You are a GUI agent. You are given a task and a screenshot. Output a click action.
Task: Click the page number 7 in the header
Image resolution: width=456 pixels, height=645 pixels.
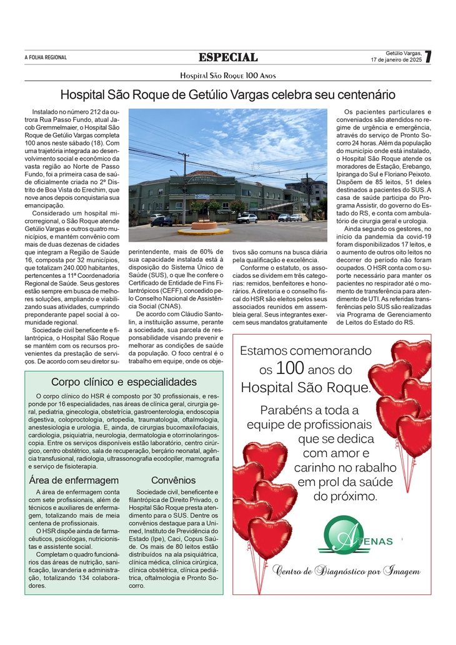(427, 57)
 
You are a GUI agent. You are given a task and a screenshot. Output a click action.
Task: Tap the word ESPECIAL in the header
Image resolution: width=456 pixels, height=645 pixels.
(228, 57)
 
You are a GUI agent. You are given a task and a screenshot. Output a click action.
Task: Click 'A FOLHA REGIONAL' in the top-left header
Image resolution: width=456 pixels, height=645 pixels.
(46, 57)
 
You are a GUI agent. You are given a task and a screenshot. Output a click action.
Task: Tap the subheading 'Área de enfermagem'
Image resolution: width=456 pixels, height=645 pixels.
(74, 480)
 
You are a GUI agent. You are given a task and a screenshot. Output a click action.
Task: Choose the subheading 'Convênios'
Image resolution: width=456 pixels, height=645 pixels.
(173, 480)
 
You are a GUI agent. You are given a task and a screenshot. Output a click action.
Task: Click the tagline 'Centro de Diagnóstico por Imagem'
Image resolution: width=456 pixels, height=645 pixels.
(346, 571)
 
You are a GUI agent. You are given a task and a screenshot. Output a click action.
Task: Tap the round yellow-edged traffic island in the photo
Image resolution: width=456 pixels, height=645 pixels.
(204, 228)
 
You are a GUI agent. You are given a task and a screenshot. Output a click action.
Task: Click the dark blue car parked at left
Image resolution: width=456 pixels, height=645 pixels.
(161, 221)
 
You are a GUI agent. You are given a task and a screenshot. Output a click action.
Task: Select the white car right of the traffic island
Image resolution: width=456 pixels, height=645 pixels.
(247, 219)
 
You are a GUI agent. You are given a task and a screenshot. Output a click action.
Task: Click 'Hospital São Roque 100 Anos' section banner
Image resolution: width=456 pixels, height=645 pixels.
(228, 76)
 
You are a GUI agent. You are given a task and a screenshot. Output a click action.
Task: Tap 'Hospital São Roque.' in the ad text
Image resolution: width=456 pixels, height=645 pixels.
(305, 387)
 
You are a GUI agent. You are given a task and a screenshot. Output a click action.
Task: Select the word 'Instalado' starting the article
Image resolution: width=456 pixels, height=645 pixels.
(46, 112)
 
